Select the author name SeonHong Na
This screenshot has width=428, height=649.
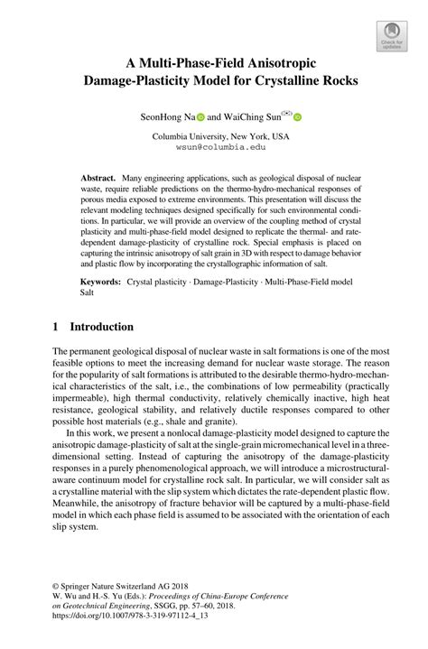(167, 116)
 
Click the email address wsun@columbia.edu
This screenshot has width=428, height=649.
(214, 145)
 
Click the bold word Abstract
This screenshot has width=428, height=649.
(99, 181)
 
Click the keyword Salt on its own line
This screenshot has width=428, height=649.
(88, 294)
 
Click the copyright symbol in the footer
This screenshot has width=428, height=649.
(56, 596)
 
